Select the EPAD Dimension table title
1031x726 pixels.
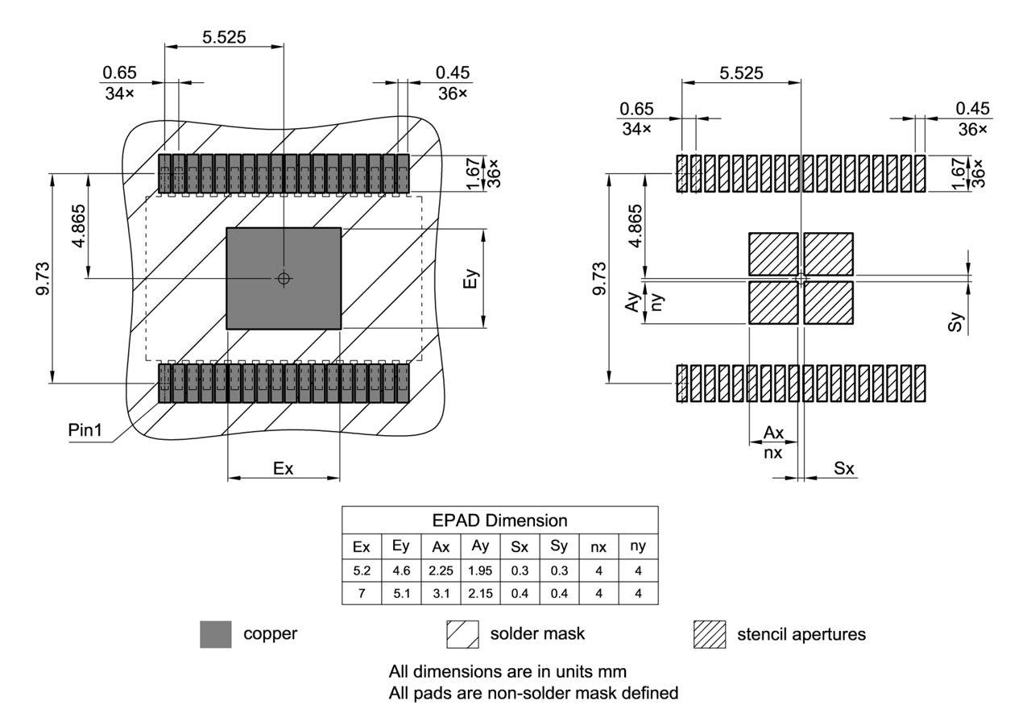point(499,520)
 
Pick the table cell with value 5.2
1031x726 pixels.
point(362,570)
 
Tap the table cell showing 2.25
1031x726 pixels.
point(441,570)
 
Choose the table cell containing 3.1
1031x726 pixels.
point(441,595)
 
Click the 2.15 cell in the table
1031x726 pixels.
point(480,595)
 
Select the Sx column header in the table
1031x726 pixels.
point(520,546)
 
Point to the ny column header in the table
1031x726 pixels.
point(638,546)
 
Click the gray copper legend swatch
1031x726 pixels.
point(216,634)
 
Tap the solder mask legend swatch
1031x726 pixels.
point(462,634)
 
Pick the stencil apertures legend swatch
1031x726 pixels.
point(709,634)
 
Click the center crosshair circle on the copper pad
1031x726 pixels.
point(283,278)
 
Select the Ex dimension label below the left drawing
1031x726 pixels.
point(283,468)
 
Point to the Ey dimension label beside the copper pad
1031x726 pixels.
point(474,279)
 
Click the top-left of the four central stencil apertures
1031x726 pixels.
point(773,254)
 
